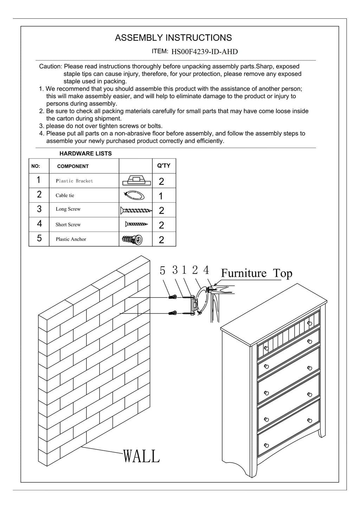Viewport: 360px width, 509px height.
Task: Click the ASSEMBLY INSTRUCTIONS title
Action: (x=173, y=38)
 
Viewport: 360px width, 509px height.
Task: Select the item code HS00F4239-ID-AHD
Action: (x=204, y=52)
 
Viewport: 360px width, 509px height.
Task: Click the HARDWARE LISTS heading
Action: (x=85, y=154)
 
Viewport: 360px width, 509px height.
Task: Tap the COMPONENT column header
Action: (x=73, y=166)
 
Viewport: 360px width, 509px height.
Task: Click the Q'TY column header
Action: (x=163, y=165)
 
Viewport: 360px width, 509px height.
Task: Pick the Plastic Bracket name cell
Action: (x=74, y=181)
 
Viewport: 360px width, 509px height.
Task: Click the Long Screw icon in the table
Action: (x=136, y=210)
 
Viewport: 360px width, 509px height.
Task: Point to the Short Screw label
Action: (x=68, y=225)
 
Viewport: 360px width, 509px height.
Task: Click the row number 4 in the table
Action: (x=39, y=224)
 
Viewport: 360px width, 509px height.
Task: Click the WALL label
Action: (x=141, y=456)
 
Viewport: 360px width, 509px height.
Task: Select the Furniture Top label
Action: (x=256, y=273)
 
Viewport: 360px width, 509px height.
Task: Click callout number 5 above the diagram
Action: (x=162, y=270)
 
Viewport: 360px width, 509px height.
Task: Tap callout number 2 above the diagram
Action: (x=195, y=270)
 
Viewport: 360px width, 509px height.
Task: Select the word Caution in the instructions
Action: (x=50, y=66)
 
